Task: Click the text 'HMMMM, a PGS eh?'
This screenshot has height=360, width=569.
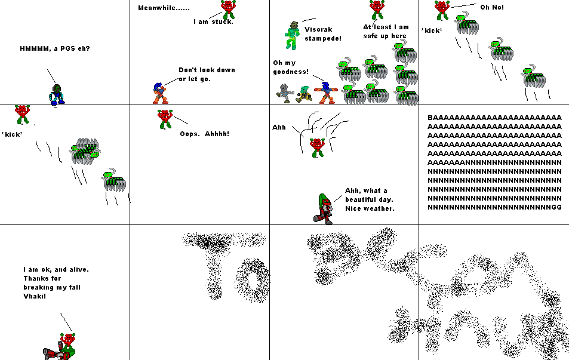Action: [55, 48]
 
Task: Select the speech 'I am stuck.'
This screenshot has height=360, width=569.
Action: [213, 21]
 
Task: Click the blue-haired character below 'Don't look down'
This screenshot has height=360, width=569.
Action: [158, 93]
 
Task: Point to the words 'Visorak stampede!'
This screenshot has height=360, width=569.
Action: [322, 33]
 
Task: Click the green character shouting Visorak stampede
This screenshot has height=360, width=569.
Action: [292, 36]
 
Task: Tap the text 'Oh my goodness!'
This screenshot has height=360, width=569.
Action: [291, 67]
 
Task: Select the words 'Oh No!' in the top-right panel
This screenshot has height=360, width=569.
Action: [491, 7]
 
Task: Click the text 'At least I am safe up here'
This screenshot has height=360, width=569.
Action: [386, 31]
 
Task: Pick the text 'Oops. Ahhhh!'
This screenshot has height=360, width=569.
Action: [204, 134]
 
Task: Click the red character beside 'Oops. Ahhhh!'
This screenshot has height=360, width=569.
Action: [164, 119]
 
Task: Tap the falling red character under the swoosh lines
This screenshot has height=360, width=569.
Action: [317, 147]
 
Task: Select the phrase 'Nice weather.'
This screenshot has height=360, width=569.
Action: [370, 208]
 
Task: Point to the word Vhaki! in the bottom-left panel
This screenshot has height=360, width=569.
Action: [35, 296]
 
